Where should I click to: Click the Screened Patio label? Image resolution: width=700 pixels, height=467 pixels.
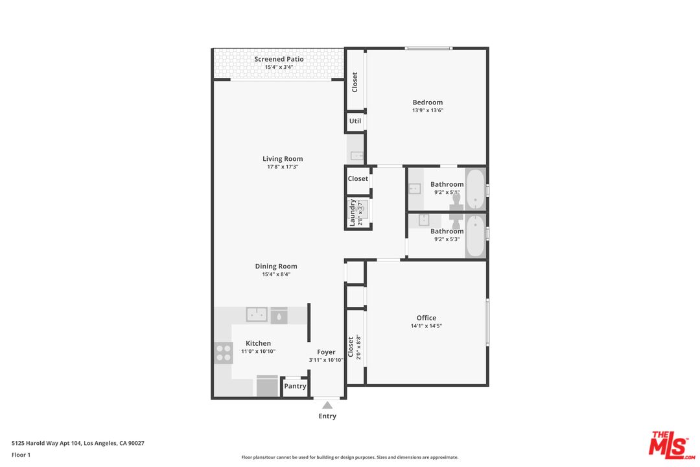[x=279, y=59]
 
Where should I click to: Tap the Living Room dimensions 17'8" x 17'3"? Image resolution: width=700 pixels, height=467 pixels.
[x=283, y=167]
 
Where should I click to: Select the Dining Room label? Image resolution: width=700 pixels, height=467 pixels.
[x=276, y=266]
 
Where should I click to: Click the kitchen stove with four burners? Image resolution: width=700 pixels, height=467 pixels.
[x=224, y=352]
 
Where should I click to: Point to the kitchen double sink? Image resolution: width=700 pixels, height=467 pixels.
[x=257, y=315]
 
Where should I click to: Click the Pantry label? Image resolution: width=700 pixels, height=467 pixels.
[x=295, y=386]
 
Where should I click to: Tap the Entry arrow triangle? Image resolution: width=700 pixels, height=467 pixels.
[x=327, y=405]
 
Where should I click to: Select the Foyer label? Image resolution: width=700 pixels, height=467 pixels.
[x=326, y=352]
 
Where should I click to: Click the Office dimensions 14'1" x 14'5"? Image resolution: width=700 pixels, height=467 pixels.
[x=426, y=326]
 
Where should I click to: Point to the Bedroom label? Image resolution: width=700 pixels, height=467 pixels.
[x=428, y=102]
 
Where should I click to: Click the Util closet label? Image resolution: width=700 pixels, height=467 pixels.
[x=355, y=121]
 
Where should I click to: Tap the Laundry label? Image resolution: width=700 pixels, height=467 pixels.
[x=353, y=212]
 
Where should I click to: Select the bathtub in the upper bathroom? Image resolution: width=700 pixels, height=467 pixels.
[x=475, y=189]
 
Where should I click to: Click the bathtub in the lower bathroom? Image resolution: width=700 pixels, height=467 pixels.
[x=475, y=235]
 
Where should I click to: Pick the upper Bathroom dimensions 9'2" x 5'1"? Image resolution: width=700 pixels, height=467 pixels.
[x=447, y=192]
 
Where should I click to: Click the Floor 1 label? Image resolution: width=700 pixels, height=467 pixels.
[x=21, y=455]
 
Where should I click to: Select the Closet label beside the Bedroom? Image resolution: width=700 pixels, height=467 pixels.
[x=355, y=82]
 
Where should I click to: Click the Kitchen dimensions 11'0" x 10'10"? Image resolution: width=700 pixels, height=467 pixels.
[x=258, y=352]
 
